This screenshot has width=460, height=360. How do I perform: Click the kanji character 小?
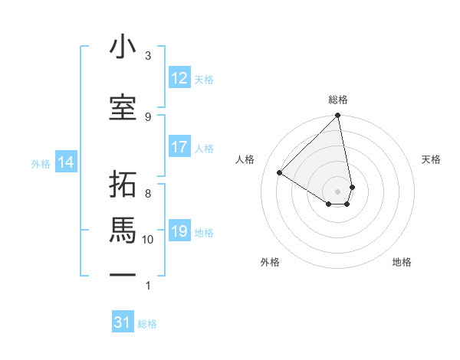[123, 47]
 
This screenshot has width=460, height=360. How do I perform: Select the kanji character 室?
[123, 107]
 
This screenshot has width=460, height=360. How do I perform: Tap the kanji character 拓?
[123, 184]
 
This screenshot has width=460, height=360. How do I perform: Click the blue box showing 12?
[179, 78]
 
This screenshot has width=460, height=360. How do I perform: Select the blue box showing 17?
[179, 147]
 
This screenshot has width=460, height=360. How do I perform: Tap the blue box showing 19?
[179, 231]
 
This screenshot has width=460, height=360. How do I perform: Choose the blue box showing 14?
[66, 162]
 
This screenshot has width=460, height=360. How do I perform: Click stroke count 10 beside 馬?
[148, 240]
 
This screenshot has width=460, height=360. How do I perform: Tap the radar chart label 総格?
[338, 100]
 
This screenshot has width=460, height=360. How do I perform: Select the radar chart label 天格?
[431, 159]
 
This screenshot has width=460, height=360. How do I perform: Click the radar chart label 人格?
[245, 159]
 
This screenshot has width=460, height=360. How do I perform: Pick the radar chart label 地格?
[402, 262]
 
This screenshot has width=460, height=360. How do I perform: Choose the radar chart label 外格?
[270, 262]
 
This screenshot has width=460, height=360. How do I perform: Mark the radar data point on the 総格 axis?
[338, 116]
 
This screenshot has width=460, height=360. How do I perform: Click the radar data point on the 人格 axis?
[280, 172]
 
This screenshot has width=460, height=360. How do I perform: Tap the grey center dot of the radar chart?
[338, 191]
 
